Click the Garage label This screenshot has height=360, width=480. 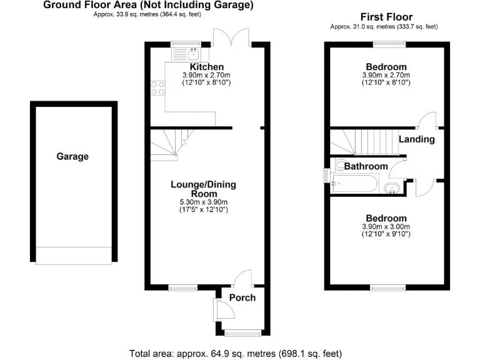[72, 157]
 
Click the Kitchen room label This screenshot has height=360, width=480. [207, 67]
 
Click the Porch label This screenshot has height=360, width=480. [242, 297]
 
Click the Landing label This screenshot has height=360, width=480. [416, 139]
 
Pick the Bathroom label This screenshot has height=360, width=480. [366, 166]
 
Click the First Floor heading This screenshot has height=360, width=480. [386, 17]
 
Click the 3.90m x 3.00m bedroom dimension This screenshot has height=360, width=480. [386, 226]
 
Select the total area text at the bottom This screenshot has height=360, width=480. [236, 353]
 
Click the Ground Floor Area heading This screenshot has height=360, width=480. [148, 6]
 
